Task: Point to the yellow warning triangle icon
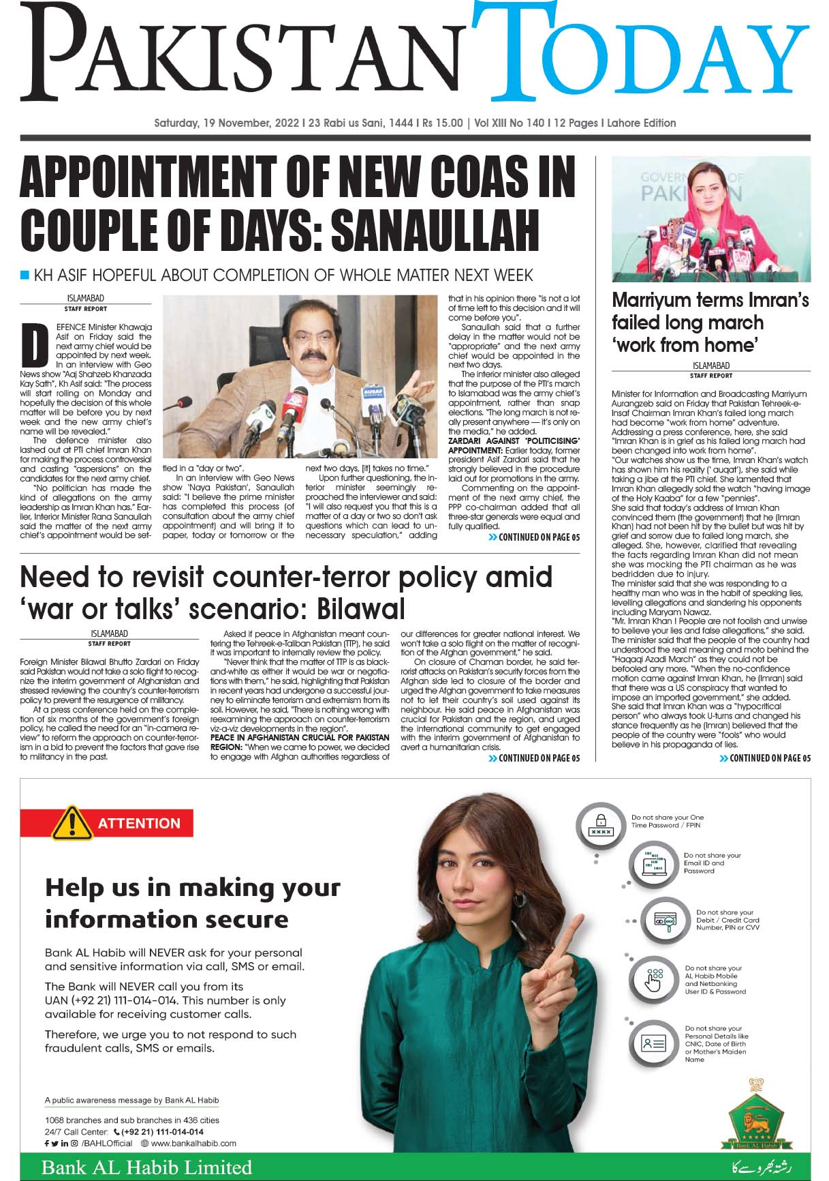click(x=71, y=823)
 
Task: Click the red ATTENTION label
click(x=139, y=823)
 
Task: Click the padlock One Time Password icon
click(x=601, y=824)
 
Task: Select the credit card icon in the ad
click(x=664, y=921)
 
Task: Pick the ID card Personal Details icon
click(x=653, y=1043)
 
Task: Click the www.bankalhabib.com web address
click(x=193, y=1143)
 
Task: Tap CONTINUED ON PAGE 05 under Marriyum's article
click(x=765, y=758)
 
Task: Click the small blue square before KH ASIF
click(x=25, y=275)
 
